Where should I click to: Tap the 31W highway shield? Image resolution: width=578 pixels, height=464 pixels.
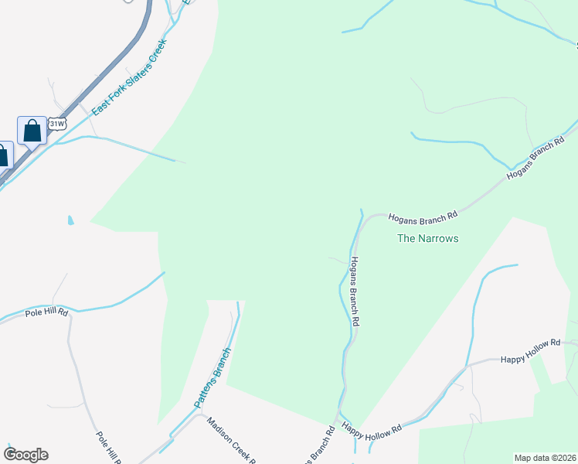[56, 124]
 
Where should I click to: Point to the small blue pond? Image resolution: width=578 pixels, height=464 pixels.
[71, 220]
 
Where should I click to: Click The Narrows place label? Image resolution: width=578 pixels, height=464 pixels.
[427, 238]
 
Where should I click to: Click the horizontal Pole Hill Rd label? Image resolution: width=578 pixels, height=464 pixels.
[46, 312]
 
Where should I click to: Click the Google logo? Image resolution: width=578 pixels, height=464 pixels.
[25, 455]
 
